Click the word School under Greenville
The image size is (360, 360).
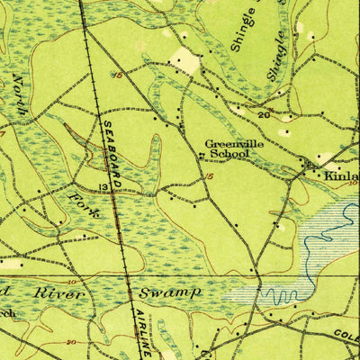click(228, 154)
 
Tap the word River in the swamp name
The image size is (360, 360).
click(59, 293)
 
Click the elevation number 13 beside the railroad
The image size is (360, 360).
click(103, 187)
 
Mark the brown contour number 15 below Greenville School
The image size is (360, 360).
click(209, 178)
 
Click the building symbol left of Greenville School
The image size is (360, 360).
click(200, 155)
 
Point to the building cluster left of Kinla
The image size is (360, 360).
click(311, 166)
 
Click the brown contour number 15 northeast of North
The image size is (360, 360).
click(118, 76)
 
